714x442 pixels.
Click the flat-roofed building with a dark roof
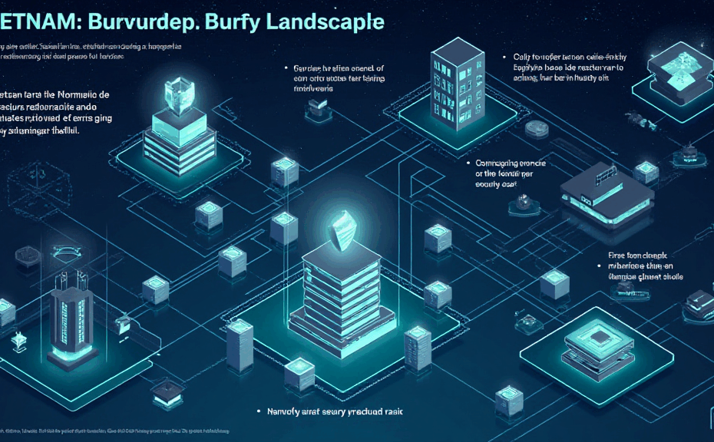click(x=606, y=196)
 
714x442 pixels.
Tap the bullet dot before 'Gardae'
click(x=285, y=68)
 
